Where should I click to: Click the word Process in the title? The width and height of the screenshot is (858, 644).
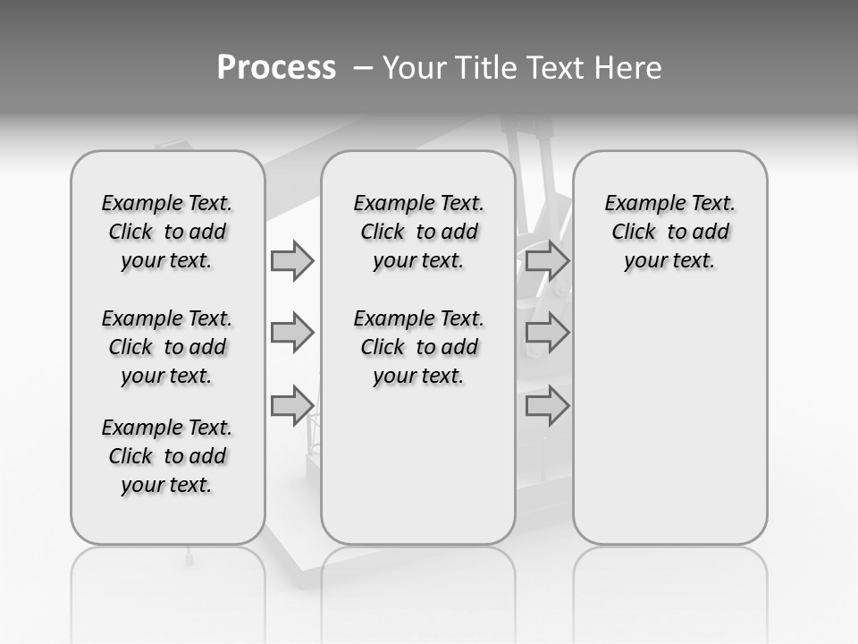(x=276, y=67)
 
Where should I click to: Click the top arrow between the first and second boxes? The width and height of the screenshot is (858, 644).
(x=292, y=260)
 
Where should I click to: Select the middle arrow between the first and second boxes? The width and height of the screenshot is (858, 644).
(x=292, y=333)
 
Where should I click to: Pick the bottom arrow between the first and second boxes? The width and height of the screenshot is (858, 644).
(x=292, y=405)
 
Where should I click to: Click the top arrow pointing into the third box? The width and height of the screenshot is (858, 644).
(x=547, y=260)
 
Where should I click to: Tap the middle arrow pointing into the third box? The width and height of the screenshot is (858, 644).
(x=547, y=333)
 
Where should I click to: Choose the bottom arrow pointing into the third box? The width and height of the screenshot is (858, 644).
(x=547, y=405)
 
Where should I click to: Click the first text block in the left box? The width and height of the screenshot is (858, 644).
(x=167, y=232)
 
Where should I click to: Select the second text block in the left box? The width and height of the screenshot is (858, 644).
(x=167, y=347)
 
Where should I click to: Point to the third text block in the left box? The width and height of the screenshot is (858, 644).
(x=167, y=456)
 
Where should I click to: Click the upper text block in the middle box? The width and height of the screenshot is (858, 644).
(x=418, y=232)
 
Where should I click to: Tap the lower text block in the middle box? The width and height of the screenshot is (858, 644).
(x=418, y=347)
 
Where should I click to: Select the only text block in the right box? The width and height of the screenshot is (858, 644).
(x=670, y=232)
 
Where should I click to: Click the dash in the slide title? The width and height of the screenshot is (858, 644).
(x=363, y=67)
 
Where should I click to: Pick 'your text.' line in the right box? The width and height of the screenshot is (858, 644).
(x=670, y=260)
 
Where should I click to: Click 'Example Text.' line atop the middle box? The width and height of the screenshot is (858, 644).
(x=418, y=203)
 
